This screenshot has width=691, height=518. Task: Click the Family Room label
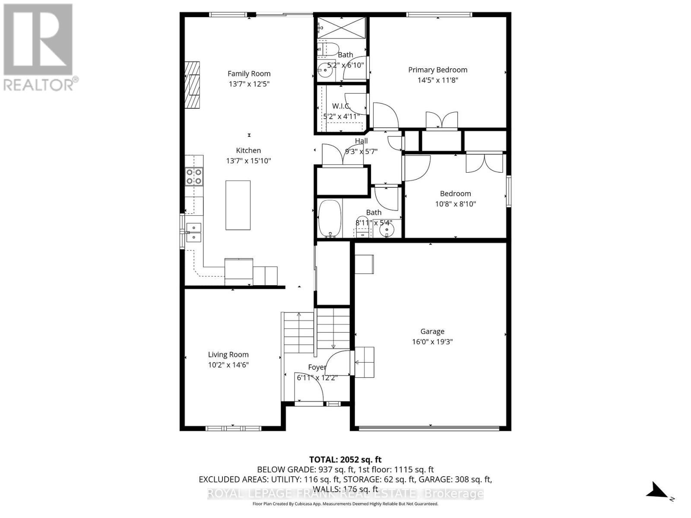249,74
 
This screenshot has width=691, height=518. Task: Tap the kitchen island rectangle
238,205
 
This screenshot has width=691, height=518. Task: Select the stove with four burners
194,177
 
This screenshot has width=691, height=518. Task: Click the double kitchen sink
193,232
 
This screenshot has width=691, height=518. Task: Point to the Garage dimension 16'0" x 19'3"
432,342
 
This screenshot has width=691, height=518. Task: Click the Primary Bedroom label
437,70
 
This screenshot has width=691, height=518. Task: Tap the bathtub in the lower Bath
330,218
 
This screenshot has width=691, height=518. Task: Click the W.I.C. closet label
341,106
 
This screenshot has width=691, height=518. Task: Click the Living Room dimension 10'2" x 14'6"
228,365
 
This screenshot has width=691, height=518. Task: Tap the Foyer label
317,367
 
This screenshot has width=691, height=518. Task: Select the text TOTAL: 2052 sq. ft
345,460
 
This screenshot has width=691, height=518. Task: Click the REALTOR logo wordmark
41,84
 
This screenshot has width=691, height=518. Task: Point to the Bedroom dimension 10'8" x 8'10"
455,204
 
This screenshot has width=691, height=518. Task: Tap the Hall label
361,141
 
